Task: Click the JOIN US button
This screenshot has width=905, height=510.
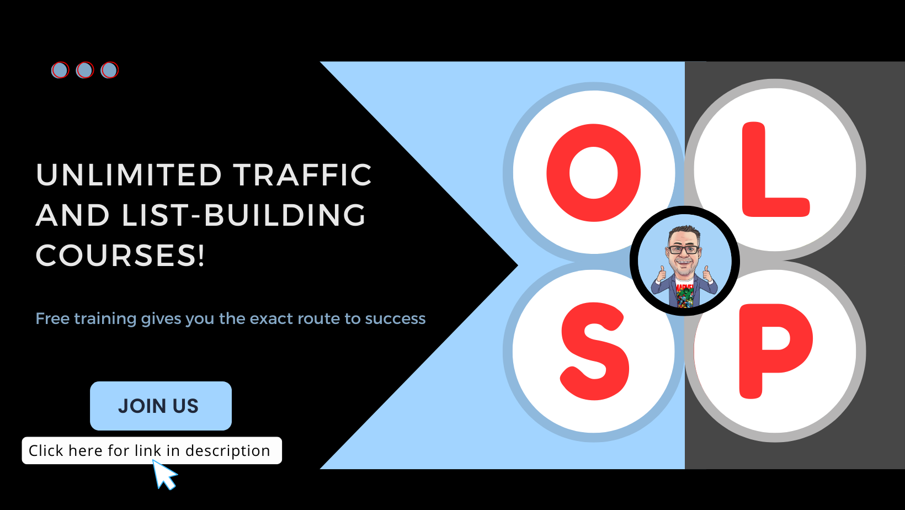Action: (x=161, y=406)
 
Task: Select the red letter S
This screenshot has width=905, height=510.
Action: (x=594, y=351)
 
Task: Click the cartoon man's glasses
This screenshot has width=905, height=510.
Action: (x=684, y=249)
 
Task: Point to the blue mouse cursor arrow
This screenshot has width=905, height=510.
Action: (x=163, y=475)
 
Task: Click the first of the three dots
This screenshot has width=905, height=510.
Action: (x=60, y=70)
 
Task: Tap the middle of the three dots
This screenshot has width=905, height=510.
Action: (x=85, y=70)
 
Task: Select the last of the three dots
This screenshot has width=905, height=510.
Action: (x=110, y=70)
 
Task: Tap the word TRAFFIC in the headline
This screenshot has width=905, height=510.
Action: (x=302, y=175)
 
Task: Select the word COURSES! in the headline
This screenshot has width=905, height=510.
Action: (x=120, y=256)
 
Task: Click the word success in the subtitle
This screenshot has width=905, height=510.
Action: (x=395, y=318)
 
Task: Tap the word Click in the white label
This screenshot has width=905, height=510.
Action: (x=46, y=451)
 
